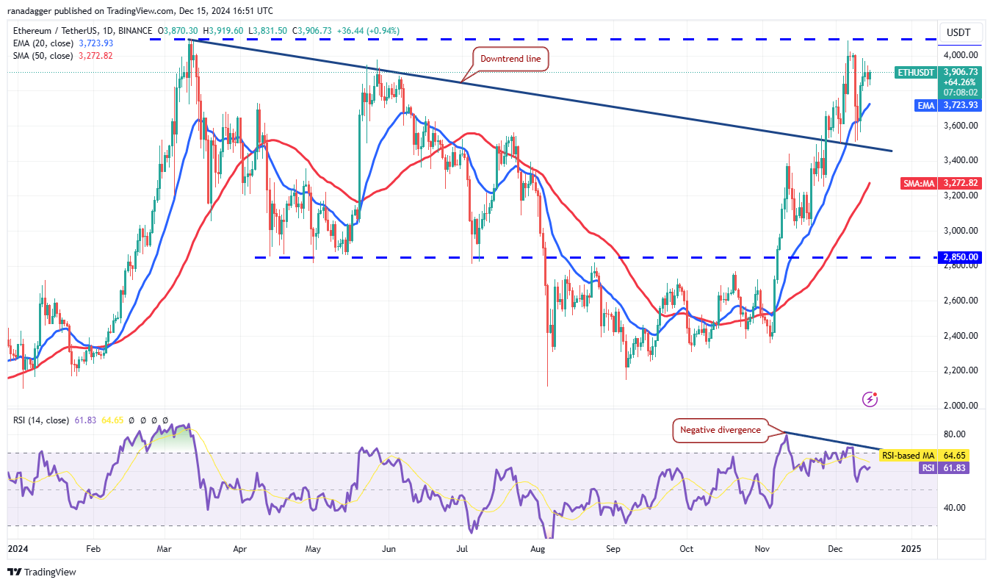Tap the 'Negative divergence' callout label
point(720,430)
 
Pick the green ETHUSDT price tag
point(916,72)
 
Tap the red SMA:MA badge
point(918,183)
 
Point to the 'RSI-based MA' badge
point(907,456)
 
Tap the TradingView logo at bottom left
point(42,572)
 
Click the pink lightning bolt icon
point(870,399)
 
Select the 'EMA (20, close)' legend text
point(41,43)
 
